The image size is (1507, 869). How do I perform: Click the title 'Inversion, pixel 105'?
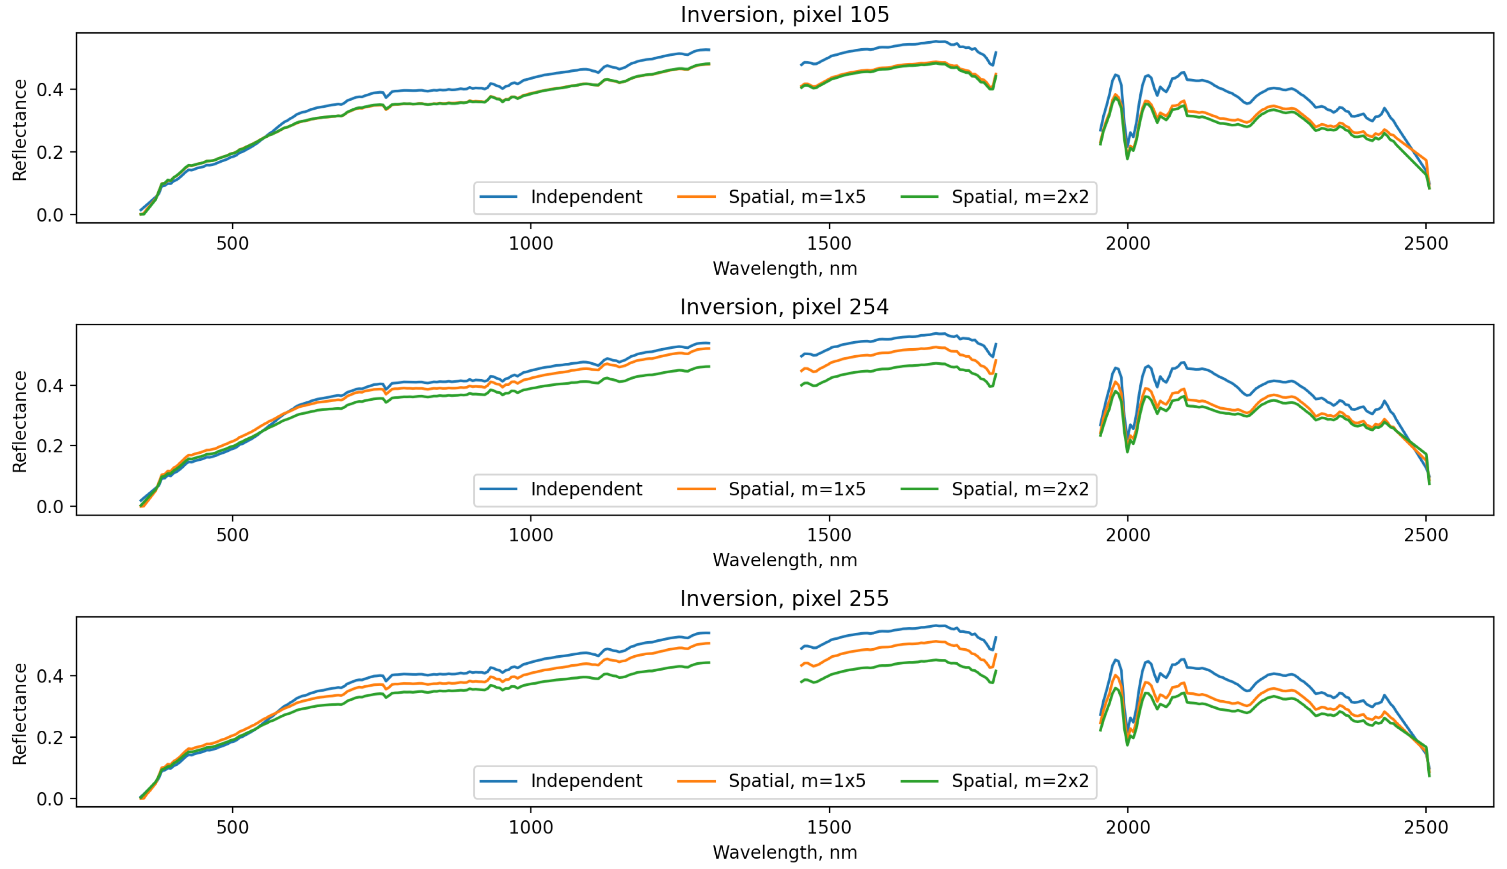click(785, 15)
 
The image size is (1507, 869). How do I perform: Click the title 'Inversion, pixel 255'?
click(785, 598)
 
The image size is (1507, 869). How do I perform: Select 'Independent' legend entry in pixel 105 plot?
click(586, 197)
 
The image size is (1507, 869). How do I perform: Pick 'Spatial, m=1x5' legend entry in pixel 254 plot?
click(796, 489)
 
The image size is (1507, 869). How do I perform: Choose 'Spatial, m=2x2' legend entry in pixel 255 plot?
click(1020, 781)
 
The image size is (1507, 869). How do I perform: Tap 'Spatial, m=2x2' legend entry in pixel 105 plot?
click(1020, 197)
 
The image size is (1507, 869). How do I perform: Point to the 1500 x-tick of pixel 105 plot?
click(829, 244)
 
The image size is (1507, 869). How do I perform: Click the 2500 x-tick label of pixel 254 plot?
click(1426, 535)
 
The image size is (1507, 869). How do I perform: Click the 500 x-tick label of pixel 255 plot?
click(232, 827)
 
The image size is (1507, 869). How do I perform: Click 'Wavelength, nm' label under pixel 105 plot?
click(785, 268)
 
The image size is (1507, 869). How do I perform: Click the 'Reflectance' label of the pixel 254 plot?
click(20, 421)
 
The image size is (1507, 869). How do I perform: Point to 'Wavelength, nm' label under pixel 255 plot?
click(785, 852)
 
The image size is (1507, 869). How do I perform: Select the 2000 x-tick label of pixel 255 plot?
click(1127, 827)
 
